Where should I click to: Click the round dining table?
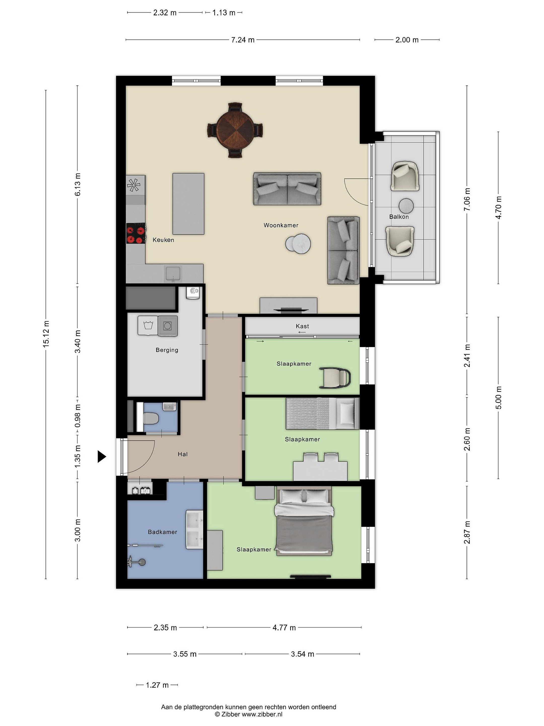(235, 130)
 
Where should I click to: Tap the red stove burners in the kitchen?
(136, 233)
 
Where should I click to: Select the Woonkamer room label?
(281, 225)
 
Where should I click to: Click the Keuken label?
(163, 240)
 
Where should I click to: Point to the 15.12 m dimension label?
(46, 334)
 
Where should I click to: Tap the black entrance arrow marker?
(102, 456)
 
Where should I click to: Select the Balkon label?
(399, 217)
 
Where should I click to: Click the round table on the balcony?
(406, 206)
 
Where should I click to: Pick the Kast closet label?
(302, 326)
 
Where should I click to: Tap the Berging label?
(167, 350)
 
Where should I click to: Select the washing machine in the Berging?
(168, 326)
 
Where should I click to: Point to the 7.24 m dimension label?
(243, 40)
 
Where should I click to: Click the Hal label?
(183, 454)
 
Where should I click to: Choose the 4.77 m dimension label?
(284, 627)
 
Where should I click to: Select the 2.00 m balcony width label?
(407, 40)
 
